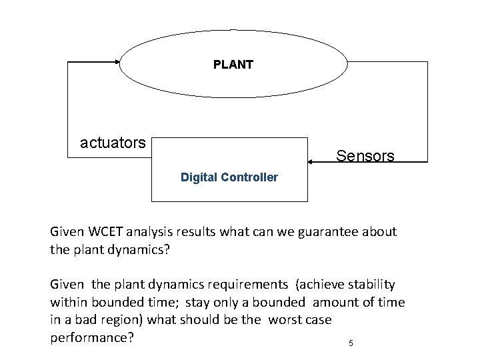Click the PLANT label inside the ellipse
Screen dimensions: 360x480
233,65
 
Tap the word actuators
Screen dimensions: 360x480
112,143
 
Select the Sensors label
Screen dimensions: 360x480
365,156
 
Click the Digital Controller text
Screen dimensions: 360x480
229,179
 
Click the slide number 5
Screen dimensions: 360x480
351,344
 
